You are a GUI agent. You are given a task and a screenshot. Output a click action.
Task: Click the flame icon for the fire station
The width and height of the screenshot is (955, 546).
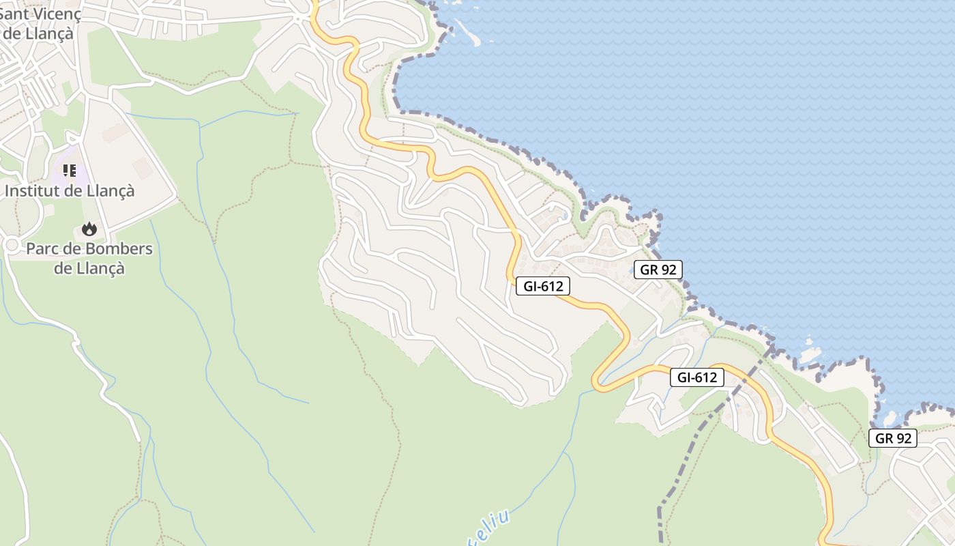pos(89,229)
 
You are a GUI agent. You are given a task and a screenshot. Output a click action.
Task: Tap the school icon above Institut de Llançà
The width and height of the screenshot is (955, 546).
pos(70,171)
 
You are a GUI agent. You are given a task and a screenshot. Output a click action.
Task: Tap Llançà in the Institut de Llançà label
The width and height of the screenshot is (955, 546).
pos(111,191)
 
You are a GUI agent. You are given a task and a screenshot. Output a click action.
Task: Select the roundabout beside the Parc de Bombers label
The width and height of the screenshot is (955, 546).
pos(11,244)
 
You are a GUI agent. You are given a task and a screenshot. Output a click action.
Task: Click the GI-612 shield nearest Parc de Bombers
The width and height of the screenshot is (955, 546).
pos(543,287)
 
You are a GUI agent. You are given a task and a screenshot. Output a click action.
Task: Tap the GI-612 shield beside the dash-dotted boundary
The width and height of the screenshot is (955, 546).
pos(696,377)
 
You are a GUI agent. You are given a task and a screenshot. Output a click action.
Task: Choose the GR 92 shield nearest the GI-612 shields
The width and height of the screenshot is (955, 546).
pos(658,270)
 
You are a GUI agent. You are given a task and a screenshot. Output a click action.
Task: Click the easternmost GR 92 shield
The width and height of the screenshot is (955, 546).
pos(893,438)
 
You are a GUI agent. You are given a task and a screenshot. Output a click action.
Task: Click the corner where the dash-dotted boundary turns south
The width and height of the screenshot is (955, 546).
pos(660,508)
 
